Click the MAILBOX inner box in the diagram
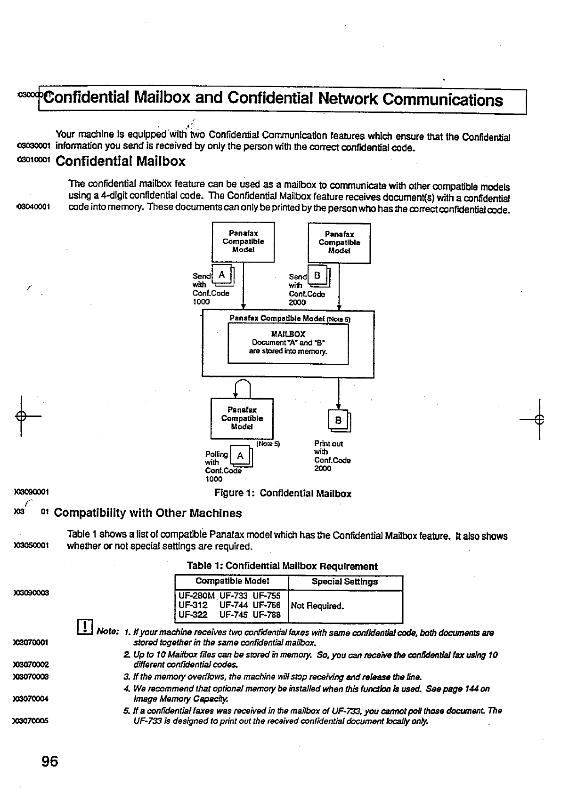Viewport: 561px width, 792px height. (x=288, y=344)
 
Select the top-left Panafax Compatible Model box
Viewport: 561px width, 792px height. (x=243, y=242)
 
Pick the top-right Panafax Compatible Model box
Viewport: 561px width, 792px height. (x=339, y=243)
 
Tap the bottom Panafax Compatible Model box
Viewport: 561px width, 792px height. (x=242, y=418)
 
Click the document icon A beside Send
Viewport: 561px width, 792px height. (x=223, y=275)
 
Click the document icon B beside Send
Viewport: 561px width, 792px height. (x=319, y=276)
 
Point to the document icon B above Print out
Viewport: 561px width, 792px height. (x=339, y=421)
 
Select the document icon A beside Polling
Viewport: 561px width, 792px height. (x=241, y=456)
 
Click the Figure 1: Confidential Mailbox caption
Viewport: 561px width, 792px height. (x=283, y=494)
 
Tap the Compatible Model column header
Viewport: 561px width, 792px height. (x=232, y=581)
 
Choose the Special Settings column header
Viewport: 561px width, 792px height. (x=345, y=582)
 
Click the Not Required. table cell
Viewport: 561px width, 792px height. (x=317, y=606)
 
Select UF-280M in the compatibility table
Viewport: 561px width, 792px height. (x=196, y=596)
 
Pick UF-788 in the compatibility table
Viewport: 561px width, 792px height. (x=267, y=615)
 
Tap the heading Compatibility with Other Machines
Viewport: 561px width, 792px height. (x=148, y=513)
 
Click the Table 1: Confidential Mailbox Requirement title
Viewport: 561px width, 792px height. (x=282, y=566)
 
